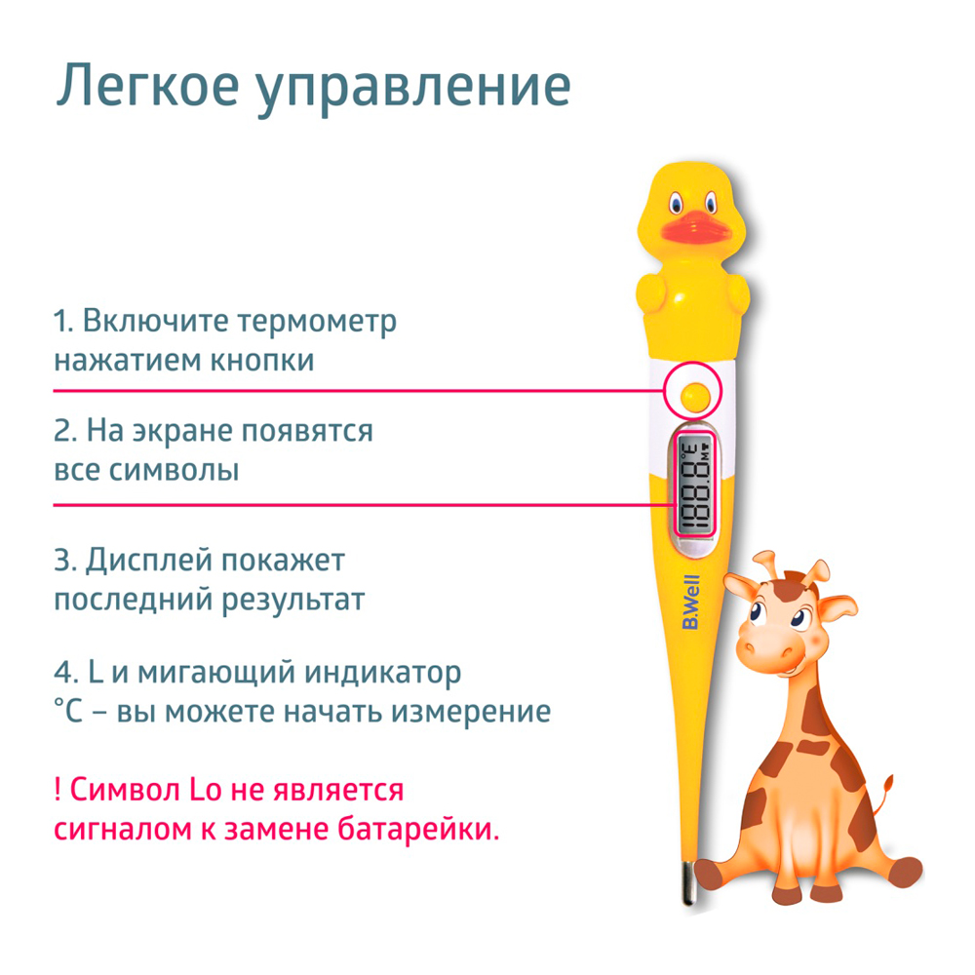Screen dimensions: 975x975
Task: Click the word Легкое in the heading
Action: (147, 86)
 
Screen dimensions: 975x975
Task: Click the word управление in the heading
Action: (413, 90)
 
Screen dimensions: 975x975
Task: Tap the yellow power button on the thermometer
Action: (694, 396)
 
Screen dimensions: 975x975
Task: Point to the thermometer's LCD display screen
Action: (695, 485)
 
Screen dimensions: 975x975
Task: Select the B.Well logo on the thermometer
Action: (691, 602)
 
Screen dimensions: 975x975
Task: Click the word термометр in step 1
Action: (317, 322)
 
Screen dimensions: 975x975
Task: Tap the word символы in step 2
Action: (174, 471)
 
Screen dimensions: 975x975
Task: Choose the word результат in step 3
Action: (292, 601)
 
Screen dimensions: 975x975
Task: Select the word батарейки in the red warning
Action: (418, 829)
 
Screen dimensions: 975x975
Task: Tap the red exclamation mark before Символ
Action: (58, 790)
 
